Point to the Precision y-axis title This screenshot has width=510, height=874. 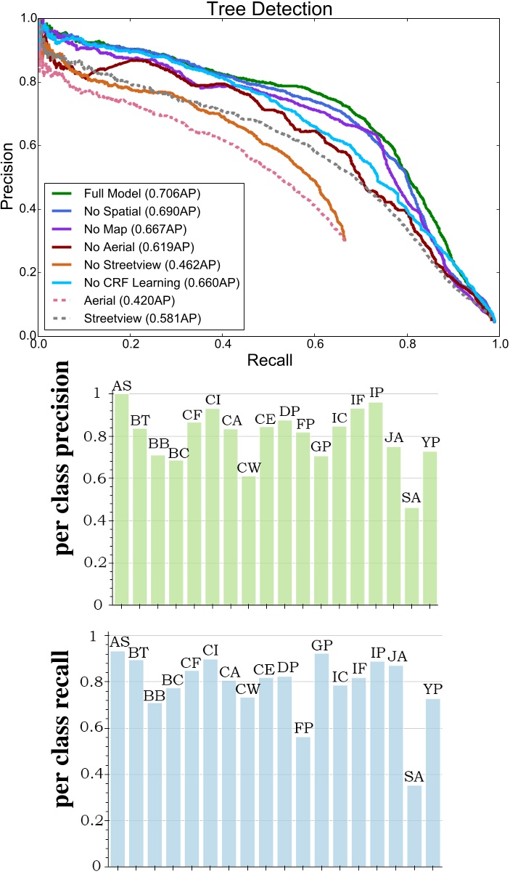coord(9,176)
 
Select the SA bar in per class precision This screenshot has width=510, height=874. coord(411,556)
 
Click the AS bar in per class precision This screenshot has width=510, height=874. coord(120,499)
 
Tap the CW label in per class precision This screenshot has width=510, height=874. coord(247,467)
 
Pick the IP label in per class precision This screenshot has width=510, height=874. coord(376,393)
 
